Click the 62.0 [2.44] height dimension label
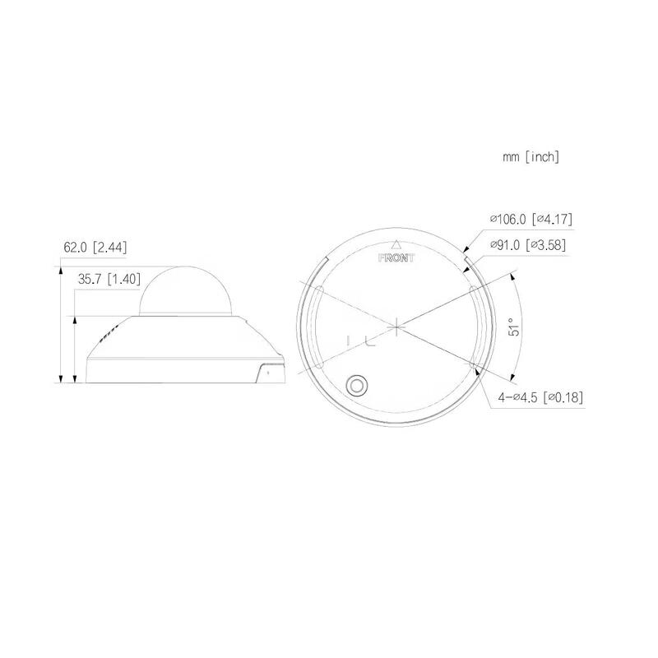point(95,247)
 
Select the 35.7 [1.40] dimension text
point(107,280)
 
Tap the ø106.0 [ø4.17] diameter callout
point(531,219)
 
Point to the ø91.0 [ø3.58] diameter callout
point(527,244)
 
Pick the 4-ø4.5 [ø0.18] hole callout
point(540,397)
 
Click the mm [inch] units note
point(531,156)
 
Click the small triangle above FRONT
point(396,243)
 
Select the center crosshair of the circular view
point(396,327)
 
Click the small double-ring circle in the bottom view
point(358,384)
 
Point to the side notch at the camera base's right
point(269,372)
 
